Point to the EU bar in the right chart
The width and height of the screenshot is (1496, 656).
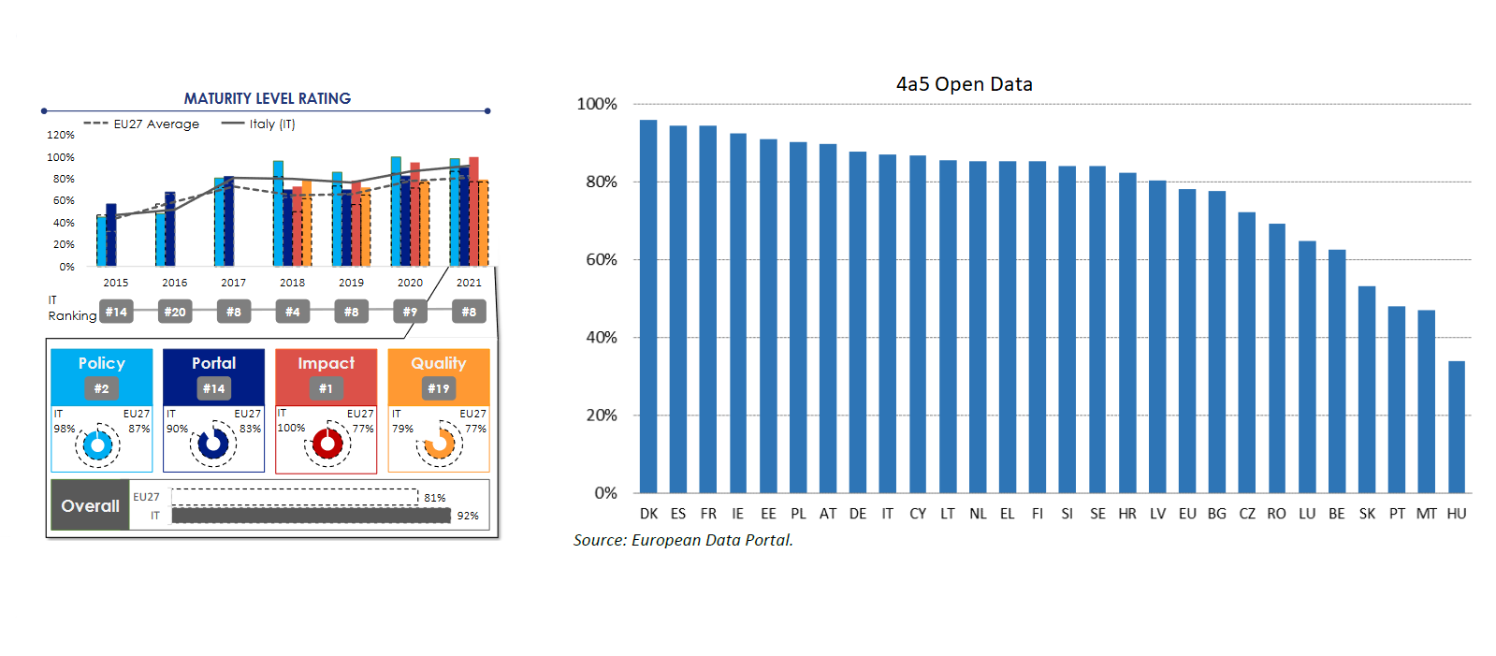pos(1187,341)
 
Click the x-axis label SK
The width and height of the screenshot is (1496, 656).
pos(1367,514)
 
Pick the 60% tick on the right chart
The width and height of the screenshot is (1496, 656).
pos(601,260)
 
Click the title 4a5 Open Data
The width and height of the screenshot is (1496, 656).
pos(964,84)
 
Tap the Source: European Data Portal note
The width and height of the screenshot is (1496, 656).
pos(683,540)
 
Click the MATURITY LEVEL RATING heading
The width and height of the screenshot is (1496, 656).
pos(267,98)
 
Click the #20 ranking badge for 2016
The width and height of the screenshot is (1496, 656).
pos(175,312)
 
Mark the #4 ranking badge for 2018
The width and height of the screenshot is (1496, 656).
pos(292,312)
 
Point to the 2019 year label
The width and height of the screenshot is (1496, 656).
pos(351,283)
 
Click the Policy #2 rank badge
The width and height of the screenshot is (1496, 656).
pos(101,388)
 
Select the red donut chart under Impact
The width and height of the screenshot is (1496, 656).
pos(327,445)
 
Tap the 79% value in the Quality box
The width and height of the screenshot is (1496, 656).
pos(402,429)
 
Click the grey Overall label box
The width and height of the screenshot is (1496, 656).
pos(90,505)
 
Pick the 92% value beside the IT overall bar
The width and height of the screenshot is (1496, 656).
pos(468,516)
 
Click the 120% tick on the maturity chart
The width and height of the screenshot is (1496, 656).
pos(61,135)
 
